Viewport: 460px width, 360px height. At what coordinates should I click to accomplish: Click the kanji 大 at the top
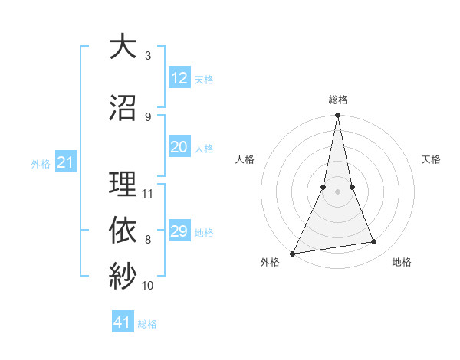[123, 47]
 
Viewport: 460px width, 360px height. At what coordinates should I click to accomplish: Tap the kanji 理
[123, 185]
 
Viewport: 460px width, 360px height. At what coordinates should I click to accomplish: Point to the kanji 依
[123, 229]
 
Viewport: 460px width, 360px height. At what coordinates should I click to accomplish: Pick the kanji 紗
[123, 275]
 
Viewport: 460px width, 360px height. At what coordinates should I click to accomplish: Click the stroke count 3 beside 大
[148, 56]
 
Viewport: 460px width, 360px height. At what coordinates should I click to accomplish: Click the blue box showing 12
[179, 78]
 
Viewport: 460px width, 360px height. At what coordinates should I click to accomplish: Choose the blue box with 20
[179, 147]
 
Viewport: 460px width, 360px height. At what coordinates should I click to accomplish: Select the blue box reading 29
[179, 231]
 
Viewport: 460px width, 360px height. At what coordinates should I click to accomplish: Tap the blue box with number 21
[65, 162]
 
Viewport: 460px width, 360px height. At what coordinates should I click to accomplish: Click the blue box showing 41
[123, 322]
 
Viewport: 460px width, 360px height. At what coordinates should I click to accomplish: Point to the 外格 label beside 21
[41, 164]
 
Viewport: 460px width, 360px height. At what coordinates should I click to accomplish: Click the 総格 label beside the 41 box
[147, 324]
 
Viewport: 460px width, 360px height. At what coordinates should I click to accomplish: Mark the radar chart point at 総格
[337, 116]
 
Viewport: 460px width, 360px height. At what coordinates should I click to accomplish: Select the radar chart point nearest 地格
[374, 242]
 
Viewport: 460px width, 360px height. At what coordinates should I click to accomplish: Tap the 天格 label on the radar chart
[431, 159]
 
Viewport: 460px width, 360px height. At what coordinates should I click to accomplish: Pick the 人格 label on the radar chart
[245, 159]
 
